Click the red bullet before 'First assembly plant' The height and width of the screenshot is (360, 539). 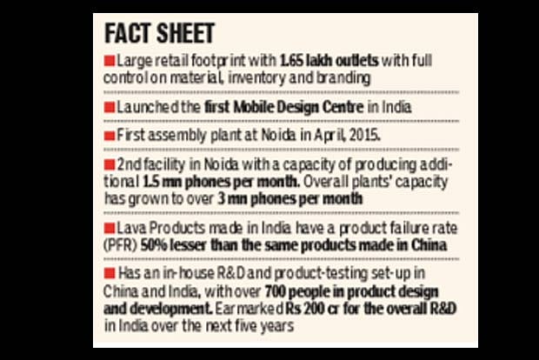[x=108, y=137]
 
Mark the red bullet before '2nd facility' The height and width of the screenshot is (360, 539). [x=108, y=165]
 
